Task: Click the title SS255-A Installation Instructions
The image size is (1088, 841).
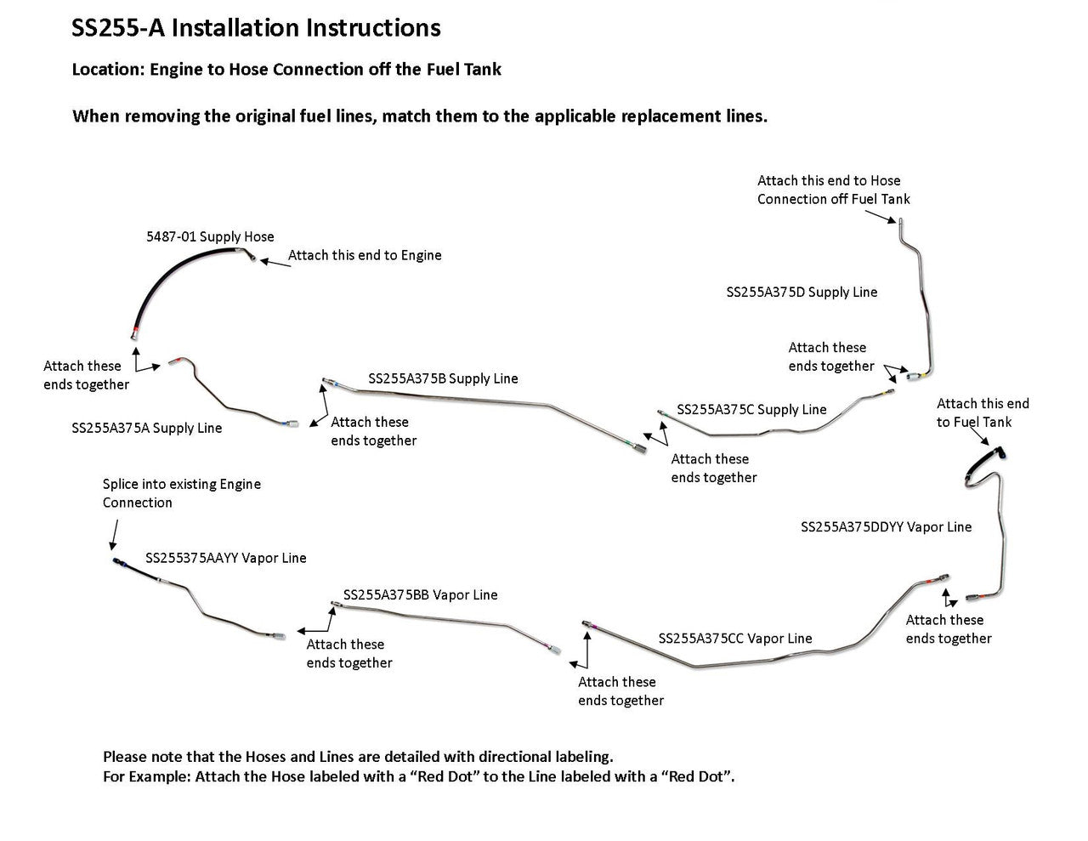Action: point(256,28)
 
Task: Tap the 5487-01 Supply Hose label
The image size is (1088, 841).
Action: point(210,236)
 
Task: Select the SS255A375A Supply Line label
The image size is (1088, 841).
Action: point(146,428)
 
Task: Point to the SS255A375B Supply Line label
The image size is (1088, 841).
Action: point(443,378)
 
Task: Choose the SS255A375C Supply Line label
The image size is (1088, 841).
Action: point(751,409)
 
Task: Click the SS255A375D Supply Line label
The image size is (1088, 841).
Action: point(802,292)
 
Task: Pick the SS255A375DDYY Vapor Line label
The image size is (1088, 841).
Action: point(886,526)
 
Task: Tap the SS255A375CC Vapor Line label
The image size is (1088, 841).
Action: point(735,638)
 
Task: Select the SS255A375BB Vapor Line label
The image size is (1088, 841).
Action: point(420,594)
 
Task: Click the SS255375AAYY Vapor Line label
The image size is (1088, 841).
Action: point(225,558)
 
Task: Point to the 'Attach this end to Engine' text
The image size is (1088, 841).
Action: point(365,255)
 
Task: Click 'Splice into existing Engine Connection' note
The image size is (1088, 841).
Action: point(181,493)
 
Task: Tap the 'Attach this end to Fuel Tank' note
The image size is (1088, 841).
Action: point(982,412)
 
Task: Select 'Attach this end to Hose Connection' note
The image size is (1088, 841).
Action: point(833,190)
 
